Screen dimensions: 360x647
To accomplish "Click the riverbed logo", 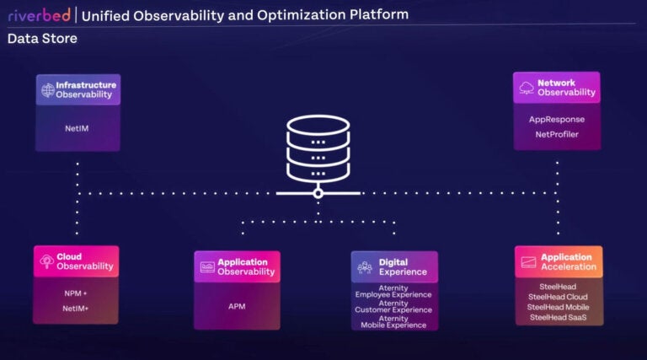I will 40,14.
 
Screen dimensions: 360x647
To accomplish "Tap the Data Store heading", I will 42,39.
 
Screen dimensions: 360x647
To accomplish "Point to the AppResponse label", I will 556,120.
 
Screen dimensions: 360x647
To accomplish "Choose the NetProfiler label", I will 556,134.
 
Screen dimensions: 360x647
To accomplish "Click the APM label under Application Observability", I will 237,307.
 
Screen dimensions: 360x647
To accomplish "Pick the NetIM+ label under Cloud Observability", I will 76,309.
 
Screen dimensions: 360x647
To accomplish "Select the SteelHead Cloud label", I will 558,297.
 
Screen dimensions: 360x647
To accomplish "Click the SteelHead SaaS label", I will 558,317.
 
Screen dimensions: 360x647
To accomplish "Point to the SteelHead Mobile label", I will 558,307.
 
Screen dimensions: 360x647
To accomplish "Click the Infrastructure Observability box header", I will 78,89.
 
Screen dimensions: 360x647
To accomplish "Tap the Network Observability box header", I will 556,88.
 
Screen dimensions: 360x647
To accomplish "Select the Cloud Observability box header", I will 76,261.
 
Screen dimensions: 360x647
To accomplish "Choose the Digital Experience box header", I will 394,267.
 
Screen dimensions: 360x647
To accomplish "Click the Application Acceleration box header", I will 559,262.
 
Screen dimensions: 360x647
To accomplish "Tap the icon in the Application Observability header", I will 207,267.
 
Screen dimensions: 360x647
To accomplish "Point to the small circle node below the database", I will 318,193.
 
